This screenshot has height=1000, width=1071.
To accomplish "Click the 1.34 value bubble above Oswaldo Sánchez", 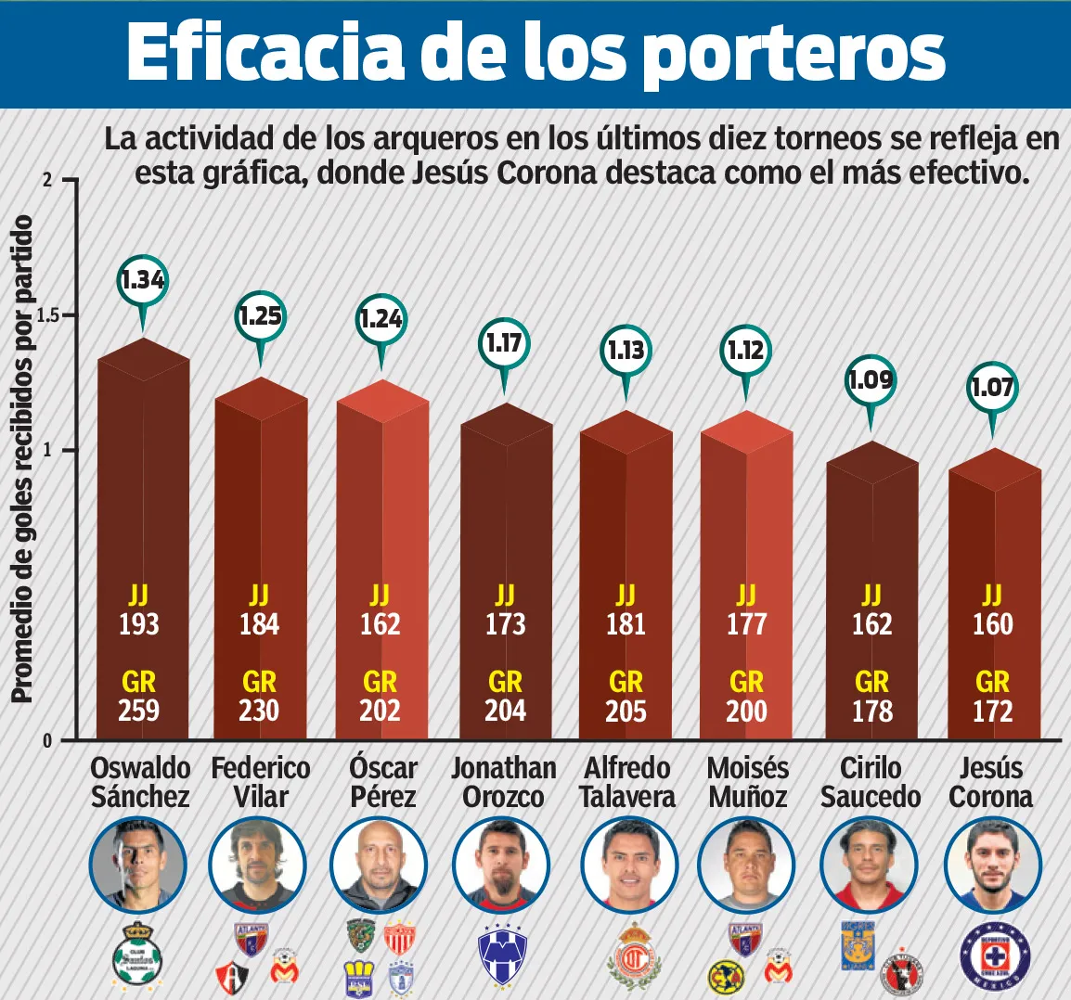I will tap(143, 279).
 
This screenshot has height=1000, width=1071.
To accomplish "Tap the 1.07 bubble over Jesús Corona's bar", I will tap(992, 387).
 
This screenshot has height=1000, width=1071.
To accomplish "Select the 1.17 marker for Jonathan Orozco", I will tap(504, 343).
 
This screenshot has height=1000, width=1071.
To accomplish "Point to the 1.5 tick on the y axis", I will tap(47, 315).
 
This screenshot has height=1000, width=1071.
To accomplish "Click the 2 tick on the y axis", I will tap(47, 180).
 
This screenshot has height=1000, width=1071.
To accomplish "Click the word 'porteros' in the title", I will tap(793, 53).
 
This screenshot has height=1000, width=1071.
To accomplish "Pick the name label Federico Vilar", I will tap(261, 782).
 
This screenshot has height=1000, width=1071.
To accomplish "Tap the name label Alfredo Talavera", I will tap(626, 782).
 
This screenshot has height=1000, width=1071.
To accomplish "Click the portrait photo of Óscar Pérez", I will tap(380, 866).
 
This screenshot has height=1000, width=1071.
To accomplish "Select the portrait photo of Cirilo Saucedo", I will tap(869, 866).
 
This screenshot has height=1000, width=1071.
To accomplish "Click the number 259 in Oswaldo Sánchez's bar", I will tap(138, 711).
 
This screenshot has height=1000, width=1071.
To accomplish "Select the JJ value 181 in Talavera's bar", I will tap(626, 624).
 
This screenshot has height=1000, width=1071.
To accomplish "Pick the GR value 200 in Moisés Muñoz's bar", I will tap(746, 711).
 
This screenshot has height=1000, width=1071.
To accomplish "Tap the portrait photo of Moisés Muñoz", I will tap(746, 866).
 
